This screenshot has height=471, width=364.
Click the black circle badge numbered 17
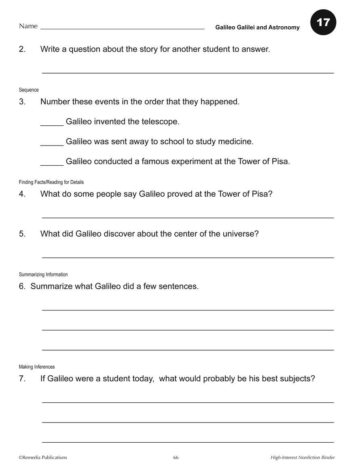click(x=323, y=22)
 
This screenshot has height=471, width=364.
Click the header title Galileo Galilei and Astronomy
click(x=257, y=27)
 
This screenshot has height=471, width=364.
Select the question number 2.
click(x=22, y=49)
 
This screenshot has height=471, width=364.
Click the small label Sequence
click(x=29, y=90)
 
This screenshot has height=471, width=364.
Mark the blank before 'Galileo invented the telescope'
click(x=52, y=125)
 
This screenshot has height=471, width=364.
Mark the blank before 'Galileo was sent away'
click(x=52, y=144)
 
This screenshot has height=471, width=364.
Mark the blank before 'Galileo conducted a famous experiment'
click(x=52, y=164)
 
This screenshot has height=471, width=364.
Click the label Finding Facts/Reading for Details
click(x=51, y=182)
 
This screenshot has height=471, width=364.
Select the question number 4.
click(x=22, y=194)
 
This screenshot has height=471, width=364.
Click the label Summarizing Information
click(x=43, y=275)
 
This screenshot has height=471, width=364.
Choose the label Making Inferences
click(x=37, y=367)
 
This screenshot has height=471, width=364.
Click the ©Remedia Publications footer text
click(x=43, y=458)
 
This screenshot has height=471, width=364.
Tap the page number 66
click(x=176, y=458)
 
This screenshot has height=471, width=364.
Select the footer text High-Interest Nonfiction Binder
click(x=303, y=458)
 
